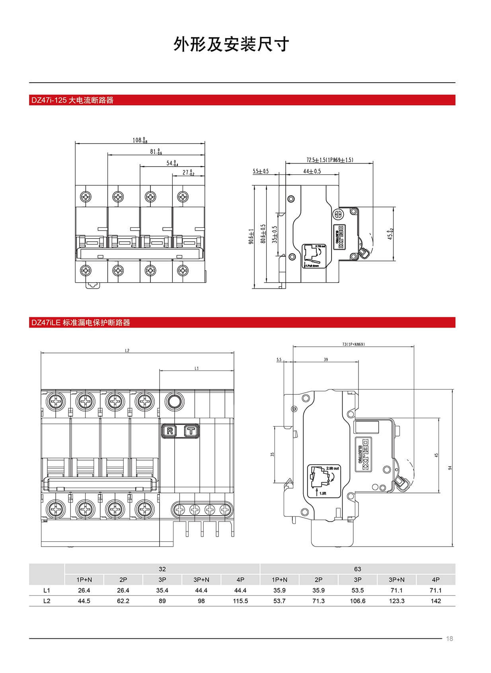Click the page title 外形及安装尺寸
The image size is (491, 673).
231,45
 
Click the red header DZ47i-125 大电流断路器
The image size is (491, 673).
72,100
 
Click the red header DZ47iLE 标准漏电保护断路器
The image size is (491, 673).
81,322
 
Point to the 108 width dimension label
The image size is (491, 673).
139,140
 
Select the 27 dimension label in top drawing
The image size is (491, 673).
188,173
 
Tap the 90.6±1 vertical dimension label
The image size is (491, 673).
251,236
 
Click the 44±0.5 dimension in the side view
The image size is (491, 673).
312,171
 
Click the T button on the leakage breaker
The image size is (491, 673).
191,431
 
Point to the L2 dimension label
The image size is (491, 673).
127,351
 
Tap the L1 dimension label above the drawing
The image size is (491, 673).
197,369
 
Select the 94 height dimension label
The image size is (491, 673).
450,468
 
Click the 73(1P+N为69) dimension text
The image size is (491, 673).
353,344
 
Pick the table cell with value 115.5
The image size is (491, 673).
240,601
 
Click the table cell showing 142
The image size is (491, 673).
436,601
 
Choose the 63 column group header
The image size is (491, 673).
357,569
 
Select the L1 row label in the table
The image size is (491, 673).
47,590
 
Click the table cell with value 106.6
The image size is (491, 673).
357,601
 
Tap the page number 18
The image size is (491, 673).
450,639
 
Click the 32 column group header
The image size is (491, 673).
162,569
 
